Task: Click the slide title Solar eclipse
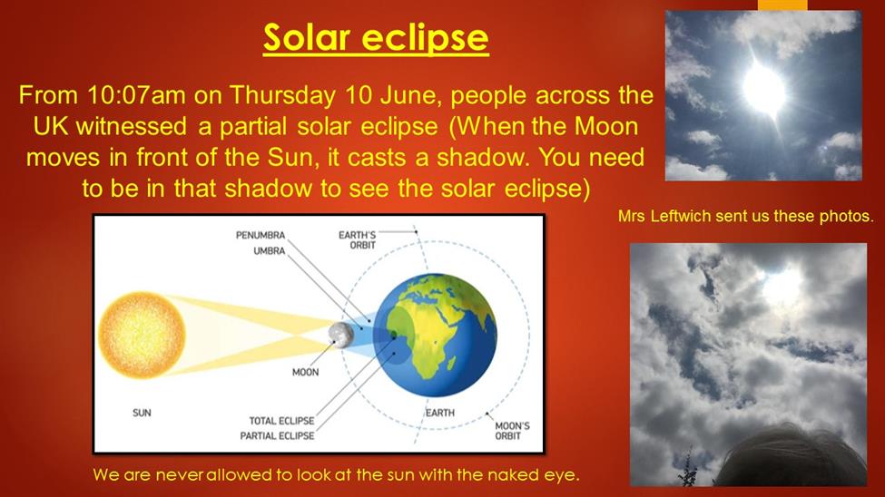[376, 38]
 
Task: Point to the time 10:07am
[136, 95]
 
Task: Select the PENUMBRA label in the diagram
[261, 235]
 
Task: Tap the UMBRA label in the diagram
[270, 250]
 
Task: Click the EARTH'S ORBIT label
[357, 239]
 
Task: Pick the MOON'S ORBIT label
[512, 431]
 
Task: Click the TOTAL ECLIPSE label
[281, 421]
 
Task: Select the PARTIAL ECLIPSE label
[277, 436]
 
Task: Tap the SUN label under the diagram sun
[142, 413]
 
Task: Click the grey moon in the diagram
[341, 335]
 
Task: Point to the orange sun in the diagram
[142, 335]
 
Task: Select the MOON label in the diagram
[305, 373]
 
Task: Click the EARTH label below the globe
[440, 413]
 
